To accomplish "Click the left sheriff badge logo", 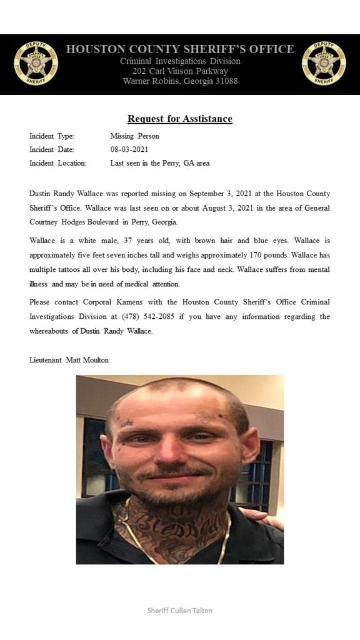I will click(x=36, y=63).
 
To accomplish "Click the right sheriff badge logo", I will click(x=323, y=63).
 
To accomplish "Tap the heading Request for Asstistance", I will click(x=179, y=119).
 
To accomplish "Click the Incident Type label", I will click(x=52, y=136).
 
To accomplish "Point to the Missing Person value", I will click(x=134, y=136).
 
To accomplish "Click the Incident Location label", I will click(x=57, y=163).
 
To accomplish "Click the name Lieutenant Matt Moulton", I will click(x=69, y=359).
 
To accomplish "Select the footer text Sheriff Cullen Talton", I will click(x=179, y=610).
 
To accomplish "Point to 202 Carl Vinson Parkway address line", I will click(x=179, y=71).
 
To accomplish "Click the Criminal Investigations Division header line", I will click(x=179, y=61).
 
